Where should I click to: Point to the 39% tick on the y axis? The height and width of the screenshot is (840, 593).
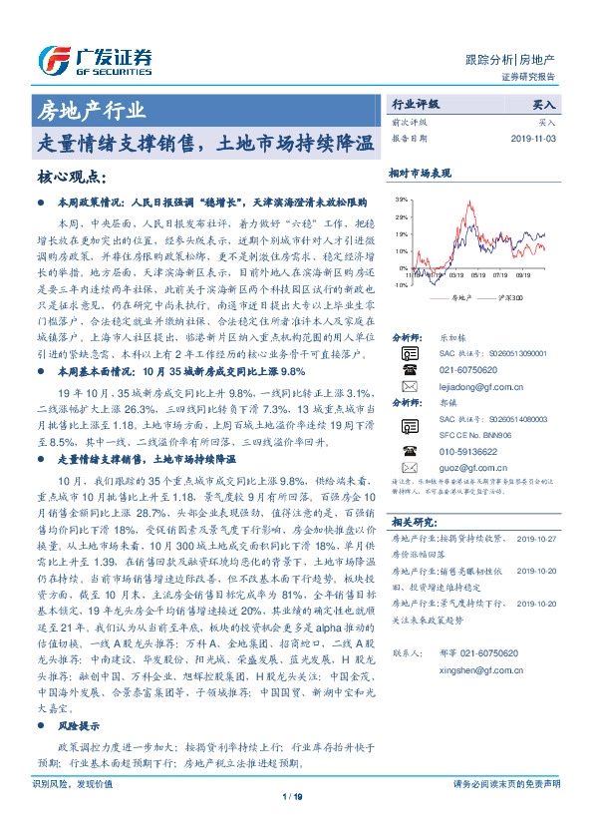(x=401, y=200)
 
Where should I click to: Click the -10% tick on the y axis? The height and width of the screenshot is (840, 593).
(x=400, y=284)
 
